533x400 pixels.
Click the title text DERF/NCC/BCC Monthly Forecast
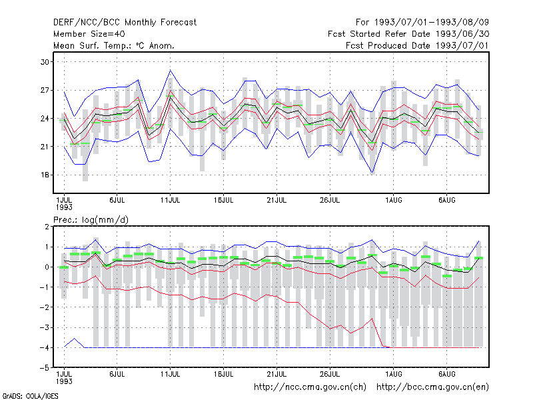(x=125, y=23)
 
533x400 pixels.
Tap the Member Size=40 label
(x=89, y=34)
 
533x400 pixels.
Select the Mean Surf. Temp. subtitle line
(x=114, y=45)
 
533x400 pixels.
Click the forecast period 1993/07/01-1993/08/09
(x=422, y=23)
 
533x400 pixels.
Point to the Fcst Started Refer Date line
(x=408, y=34)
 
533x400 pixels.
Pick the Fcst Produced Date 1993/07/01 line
(x=418, y=45)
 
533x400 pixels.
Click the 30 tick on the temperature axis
(x=45, y=62)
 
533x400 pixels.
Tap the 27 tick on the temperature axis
(x=45, y=90)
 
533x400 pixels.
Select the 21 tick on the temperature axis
(x=45, y=147)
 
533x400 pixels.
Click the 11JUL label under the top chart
(x=170, y=201)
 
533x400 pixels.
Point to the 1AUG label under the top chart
(x=394, y=201)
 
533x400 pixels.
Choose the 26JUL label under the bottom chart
(x=330, y=374)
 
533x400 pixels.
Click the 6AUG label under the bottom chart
(x=446, y=374)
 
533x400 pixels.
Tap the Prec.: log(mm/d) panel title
(x=91, y=220)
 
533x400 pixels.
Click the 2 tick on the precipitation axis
(x=47, y=227)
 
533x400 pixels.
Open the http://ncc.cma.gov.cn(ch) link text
(x=310, y=387)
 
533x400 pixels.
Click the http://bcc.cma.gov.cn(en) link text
(x=432, y=387)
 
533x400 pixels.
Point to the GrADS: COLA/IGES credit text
(x=30, y=396)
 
